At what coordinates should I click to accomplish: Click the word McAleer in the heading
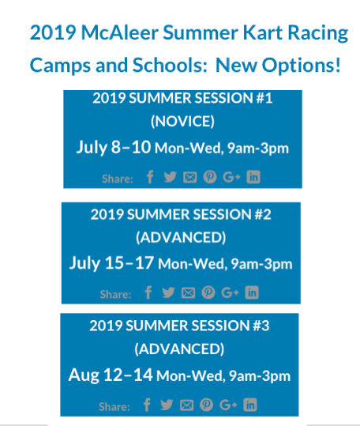coord(120,33)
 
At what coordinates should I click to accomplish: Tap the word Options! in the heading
coord(301,65)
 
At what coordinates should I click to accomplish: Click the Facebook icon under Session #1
coord(150,177)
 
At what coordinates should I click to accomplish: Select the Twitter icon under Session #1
coord(170,177)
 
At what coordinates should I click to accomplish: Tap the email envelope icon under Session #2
coord(188,293)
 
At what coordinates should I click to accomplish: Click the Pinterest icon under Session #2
coord(208,293)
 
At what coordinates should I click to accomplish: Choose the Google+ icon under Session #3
coord(228,405)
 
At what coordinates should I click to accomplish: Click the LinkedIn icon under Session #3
coord(250,405)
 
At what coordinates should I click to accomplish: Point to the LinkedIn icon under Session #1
coord(253,177)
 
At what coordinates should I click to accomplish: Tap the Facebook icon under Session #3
coord(147,405)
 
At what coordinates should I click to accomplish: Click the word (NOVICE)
coord(182,121)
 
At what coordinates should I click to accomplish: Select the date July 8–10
coord(114,147)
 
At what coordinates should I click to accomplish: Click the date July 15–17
coord(111,263)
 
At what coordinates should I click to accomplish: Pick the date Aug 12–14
coord(111,375)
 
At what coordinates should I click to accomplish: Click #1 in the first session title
coord(264,98)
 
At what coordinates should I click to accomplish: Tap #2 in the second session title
coord(263,215)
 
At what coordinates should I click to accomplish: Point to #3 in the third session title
coord(261,326)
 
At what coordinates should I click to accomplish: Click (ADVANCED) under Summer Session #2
coord(181,237)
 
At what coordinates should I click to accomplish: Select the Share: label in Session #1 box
coord(118,179)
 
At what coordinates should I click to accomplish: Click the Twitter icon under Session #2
coord(168,293)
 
